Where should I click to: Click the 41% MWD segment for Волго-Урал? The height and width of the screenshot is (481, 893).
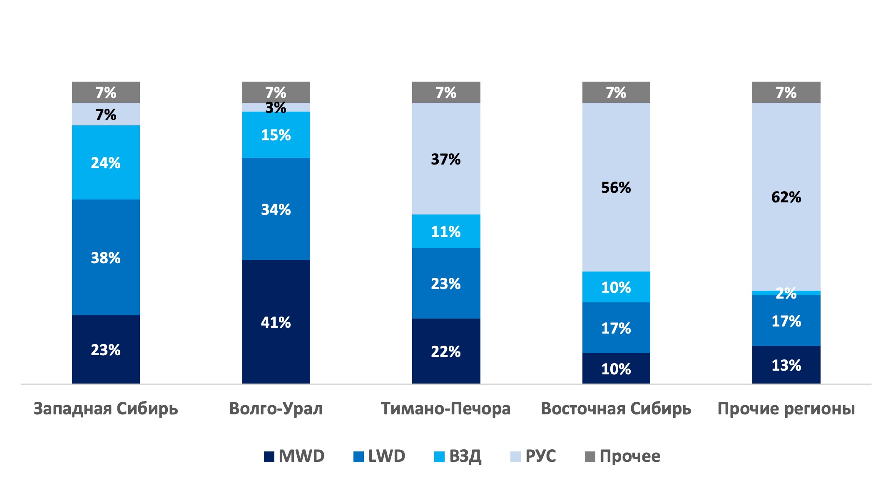click(x=276, y=322)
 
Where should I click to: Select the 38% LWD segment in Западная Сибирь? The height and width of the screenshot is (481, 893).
click(x=106, y=257)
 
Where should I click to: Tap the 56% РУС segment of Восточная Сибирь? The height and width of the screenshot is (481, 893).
click(x=616, y=187)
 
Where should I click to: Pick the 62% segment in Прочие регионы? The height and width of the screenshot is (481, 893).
click(x=786, y=197)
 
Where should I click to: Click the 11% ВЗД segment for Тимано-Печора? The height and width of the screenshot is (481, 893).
click(x=446, y=232)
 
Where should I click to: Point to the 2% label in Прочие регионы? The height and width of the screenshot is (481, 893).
click(x=786, y=294)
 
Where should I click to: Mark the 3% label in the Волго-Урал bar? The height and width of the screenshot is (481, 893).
click(x=276, y=108)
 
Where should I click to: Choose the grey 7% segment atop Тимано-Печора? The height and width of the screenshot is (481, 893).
click(x=446, y=92)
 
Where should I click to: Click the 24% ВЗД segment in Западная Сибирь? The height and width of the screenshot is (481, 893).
click(x=106, y=162)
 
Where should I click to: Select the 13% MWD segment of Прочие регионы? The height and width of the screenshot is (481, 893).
click(x=786, y=365)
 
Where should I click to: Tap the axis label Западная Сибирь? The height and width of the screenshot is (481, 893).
click(x=106, y=409)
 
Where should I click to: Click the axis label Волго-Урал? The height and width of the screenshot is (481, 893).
click(x=276, y=409)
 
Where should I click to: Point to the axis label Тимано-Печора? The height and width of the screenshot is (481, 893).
click(x=445, y=409)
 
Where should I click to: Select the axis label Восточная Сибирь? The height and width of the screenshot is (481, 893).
click(x=616, y=409)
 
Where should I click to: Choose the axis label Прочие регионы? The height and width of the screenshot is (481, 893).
click(x=786, y=409)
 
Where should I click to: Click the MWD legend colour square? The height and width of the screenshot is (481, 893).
click(x=269, y=457)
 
